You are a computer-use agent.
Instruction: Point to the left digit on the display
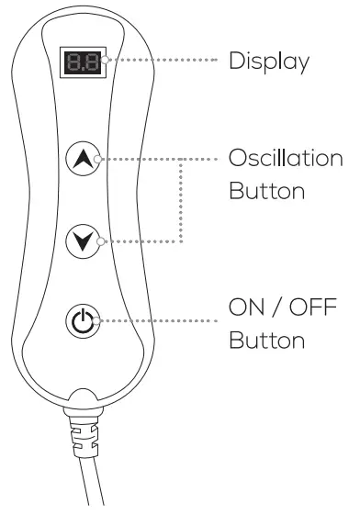click(75, 62)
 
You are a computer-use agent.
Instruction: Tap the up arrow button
click(83, 159)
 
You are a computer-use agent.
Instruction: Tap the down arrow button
click(83, 241)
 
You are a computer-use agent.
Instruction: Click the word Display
click(267, 63)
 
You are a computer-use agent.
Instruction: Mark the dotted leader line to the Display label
click(161, 63)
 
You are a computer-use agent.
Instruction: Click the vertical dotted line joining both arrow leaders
click(180, 200)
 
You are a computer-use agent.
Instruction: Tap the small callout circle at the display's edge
click(107, 62)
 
